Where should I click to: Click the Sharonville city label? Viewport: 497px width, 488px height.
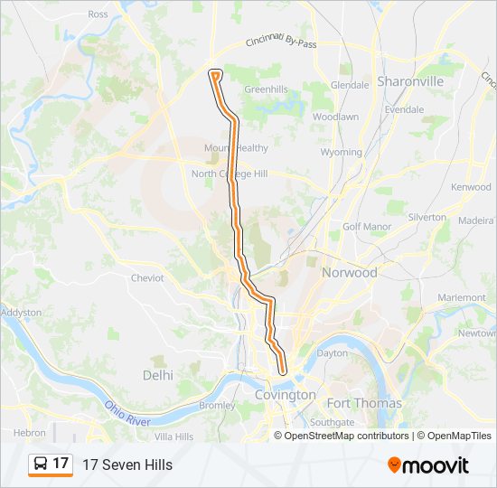tap(410, 81)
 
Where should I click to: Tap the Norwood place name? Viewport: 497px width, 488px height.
tap(349, 272)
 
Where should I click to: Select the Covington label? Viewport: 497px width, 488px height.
tap(286, 395)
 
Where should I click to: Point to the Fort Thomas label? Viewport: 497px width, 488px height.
tap(364, 403)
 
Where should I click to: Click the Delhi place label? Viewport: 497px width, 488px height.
tap(157, 374)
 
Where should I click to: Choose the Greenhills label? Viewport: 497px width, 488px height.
tap(266, 89)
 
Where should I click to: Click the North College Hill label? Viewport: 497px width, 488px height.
tap(229, 174)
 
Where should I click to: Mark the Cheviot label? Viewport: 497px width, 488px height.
tap(147, 278)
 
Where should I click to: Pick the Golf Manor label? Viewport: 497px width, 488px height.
tap(363, 226)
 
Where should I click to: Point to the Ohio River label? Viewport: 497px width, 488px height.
tap(127, 415)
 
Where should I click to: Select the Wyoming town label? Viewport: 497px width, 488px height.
tap(341, 153)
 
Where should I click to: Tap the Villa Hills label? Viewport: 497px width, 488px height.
tap(173, 436)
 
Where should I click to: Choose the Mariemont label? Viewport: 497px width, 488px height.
tap(461, 297)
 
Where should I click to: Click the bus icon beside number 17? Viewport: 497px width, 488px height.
tap(41, 464)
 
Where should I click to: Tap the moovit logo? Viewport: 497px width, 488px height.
tap(428, 465)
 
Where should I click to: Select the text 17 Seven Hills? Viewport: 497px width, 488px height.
tap(127, 465)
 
